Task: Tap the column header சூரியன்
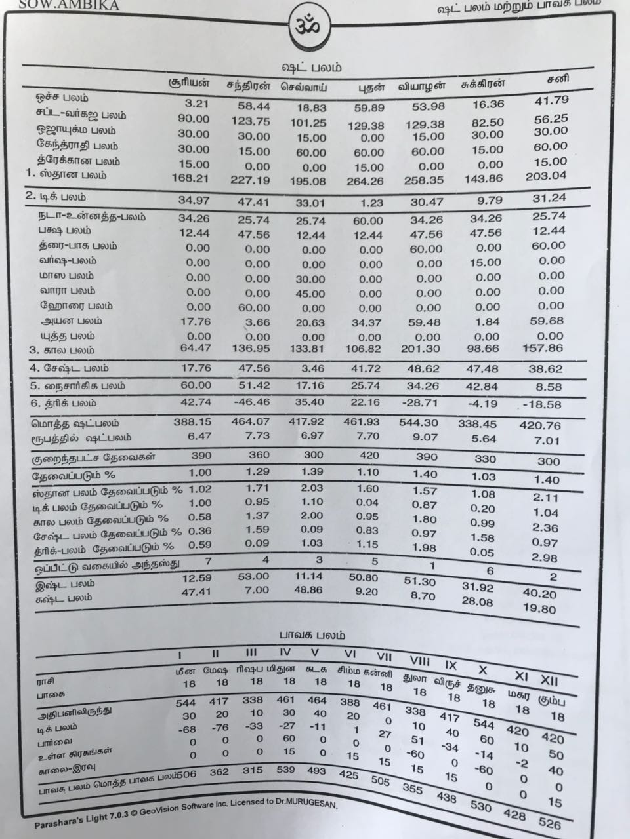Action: (x=189, y=83)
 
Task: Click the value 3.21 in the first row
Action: (x=196, y=104)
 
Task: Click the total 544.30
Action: (x=420, y=423)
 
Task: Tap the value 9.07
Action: (x=425, y=437)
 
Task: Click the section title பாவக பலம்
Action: (x=311, y=634)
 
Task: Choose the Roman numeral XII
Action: (x=549, y=679)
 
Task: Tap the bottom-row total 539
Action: (x=285, y=769)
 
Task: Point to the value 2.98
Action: (x=545, y=558)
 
